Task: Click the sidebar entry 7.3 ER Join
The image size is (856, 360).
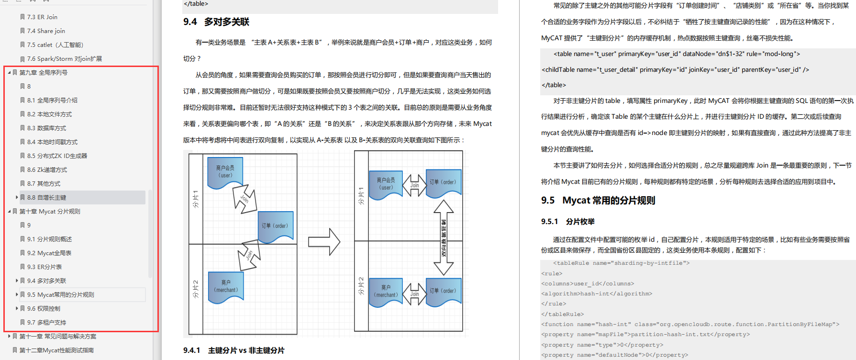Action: coord(42,17)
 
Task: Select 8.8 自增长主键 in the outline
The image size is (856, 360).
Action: coord(47,198)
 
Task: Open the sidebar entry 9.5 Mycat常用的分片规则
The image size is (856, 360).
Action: coord(61,295)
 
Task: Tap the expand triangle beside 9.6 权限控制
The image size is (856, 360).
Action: coord(17,309)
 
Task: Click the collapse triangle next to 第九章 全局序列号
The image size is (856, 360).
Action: coord(9,73)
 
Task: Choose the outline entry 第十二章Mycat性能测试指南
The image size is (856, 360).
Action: coord(56,350)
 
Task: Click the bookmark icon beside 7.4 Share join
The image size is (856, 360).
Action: coord(22,31)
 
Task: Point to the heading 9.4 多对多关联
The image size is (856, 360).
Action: coord(216,22)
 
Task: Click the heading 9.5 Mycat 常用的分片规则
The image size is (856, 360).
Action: coord(598,201)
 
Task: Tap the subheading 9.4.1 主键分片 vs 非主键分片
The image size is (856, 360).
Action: coord(234,350)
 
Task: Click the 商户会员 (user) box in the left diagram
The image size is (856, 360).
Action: coord(225,172)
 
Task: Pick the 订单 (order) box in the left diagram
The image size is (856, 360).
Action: coord(275,226)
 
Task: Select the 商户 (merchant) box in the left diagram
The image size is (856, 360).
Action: coord(226,286)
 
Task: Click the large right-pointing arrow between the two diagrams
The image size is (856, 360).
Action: coord(324,242)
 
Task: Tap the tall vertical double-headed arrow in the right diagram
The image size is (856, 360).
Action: coord(444,237)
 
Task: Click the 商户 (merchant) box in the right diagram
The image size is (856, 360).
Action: coord(386,291)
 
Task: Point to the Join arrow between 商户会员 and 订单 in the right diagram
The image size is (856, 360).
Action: coord(414,185)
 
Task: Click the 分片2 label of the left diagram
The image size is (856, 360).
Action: coord(195,289)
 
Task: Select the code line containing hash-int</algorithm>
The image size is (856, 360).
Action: coord(597,294)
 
